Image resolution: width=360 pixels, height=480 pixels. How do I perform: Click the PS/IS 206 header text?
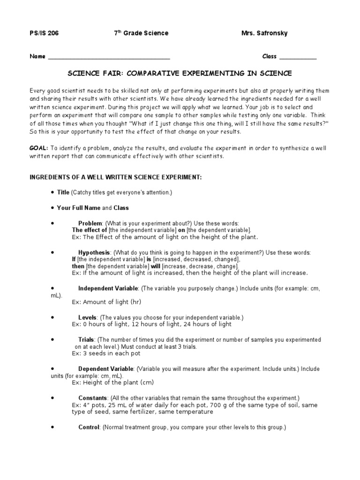(45, 33)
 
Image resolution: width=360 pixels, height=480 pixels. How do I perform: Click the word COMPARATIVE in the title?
(156, 74)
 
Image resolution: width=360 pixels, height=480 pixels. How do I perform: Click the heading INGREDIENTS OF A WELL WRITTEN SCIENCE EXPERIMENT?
(116, 177)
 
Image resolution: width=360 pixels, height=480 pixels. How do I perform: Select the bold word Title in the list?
(63, 193)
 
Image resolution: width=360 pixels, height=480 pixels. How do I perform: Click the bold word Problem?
(90, 223)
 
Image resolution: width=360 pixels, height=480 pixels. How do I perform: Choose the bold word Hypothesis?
(94, 252)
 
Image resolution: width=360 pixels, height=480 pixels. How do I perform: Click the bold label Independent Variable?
(108, 288)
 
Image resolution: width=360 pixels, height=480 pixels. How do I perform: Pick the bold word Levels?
(88, 317)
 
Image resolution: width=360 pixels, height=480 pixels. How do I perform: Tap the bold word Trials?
(87, 339)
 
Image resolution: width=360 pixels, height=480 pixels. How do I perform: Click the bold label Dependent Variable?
(106, 369)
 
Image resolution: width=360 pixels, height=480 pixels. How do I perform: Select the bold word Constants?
(93, 397)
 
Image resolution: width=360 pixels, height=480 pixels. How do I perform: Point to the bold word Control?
(89, 427)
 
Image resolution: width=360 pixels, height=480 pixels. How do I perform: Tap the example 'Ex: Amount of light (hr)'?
(106, 302)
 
